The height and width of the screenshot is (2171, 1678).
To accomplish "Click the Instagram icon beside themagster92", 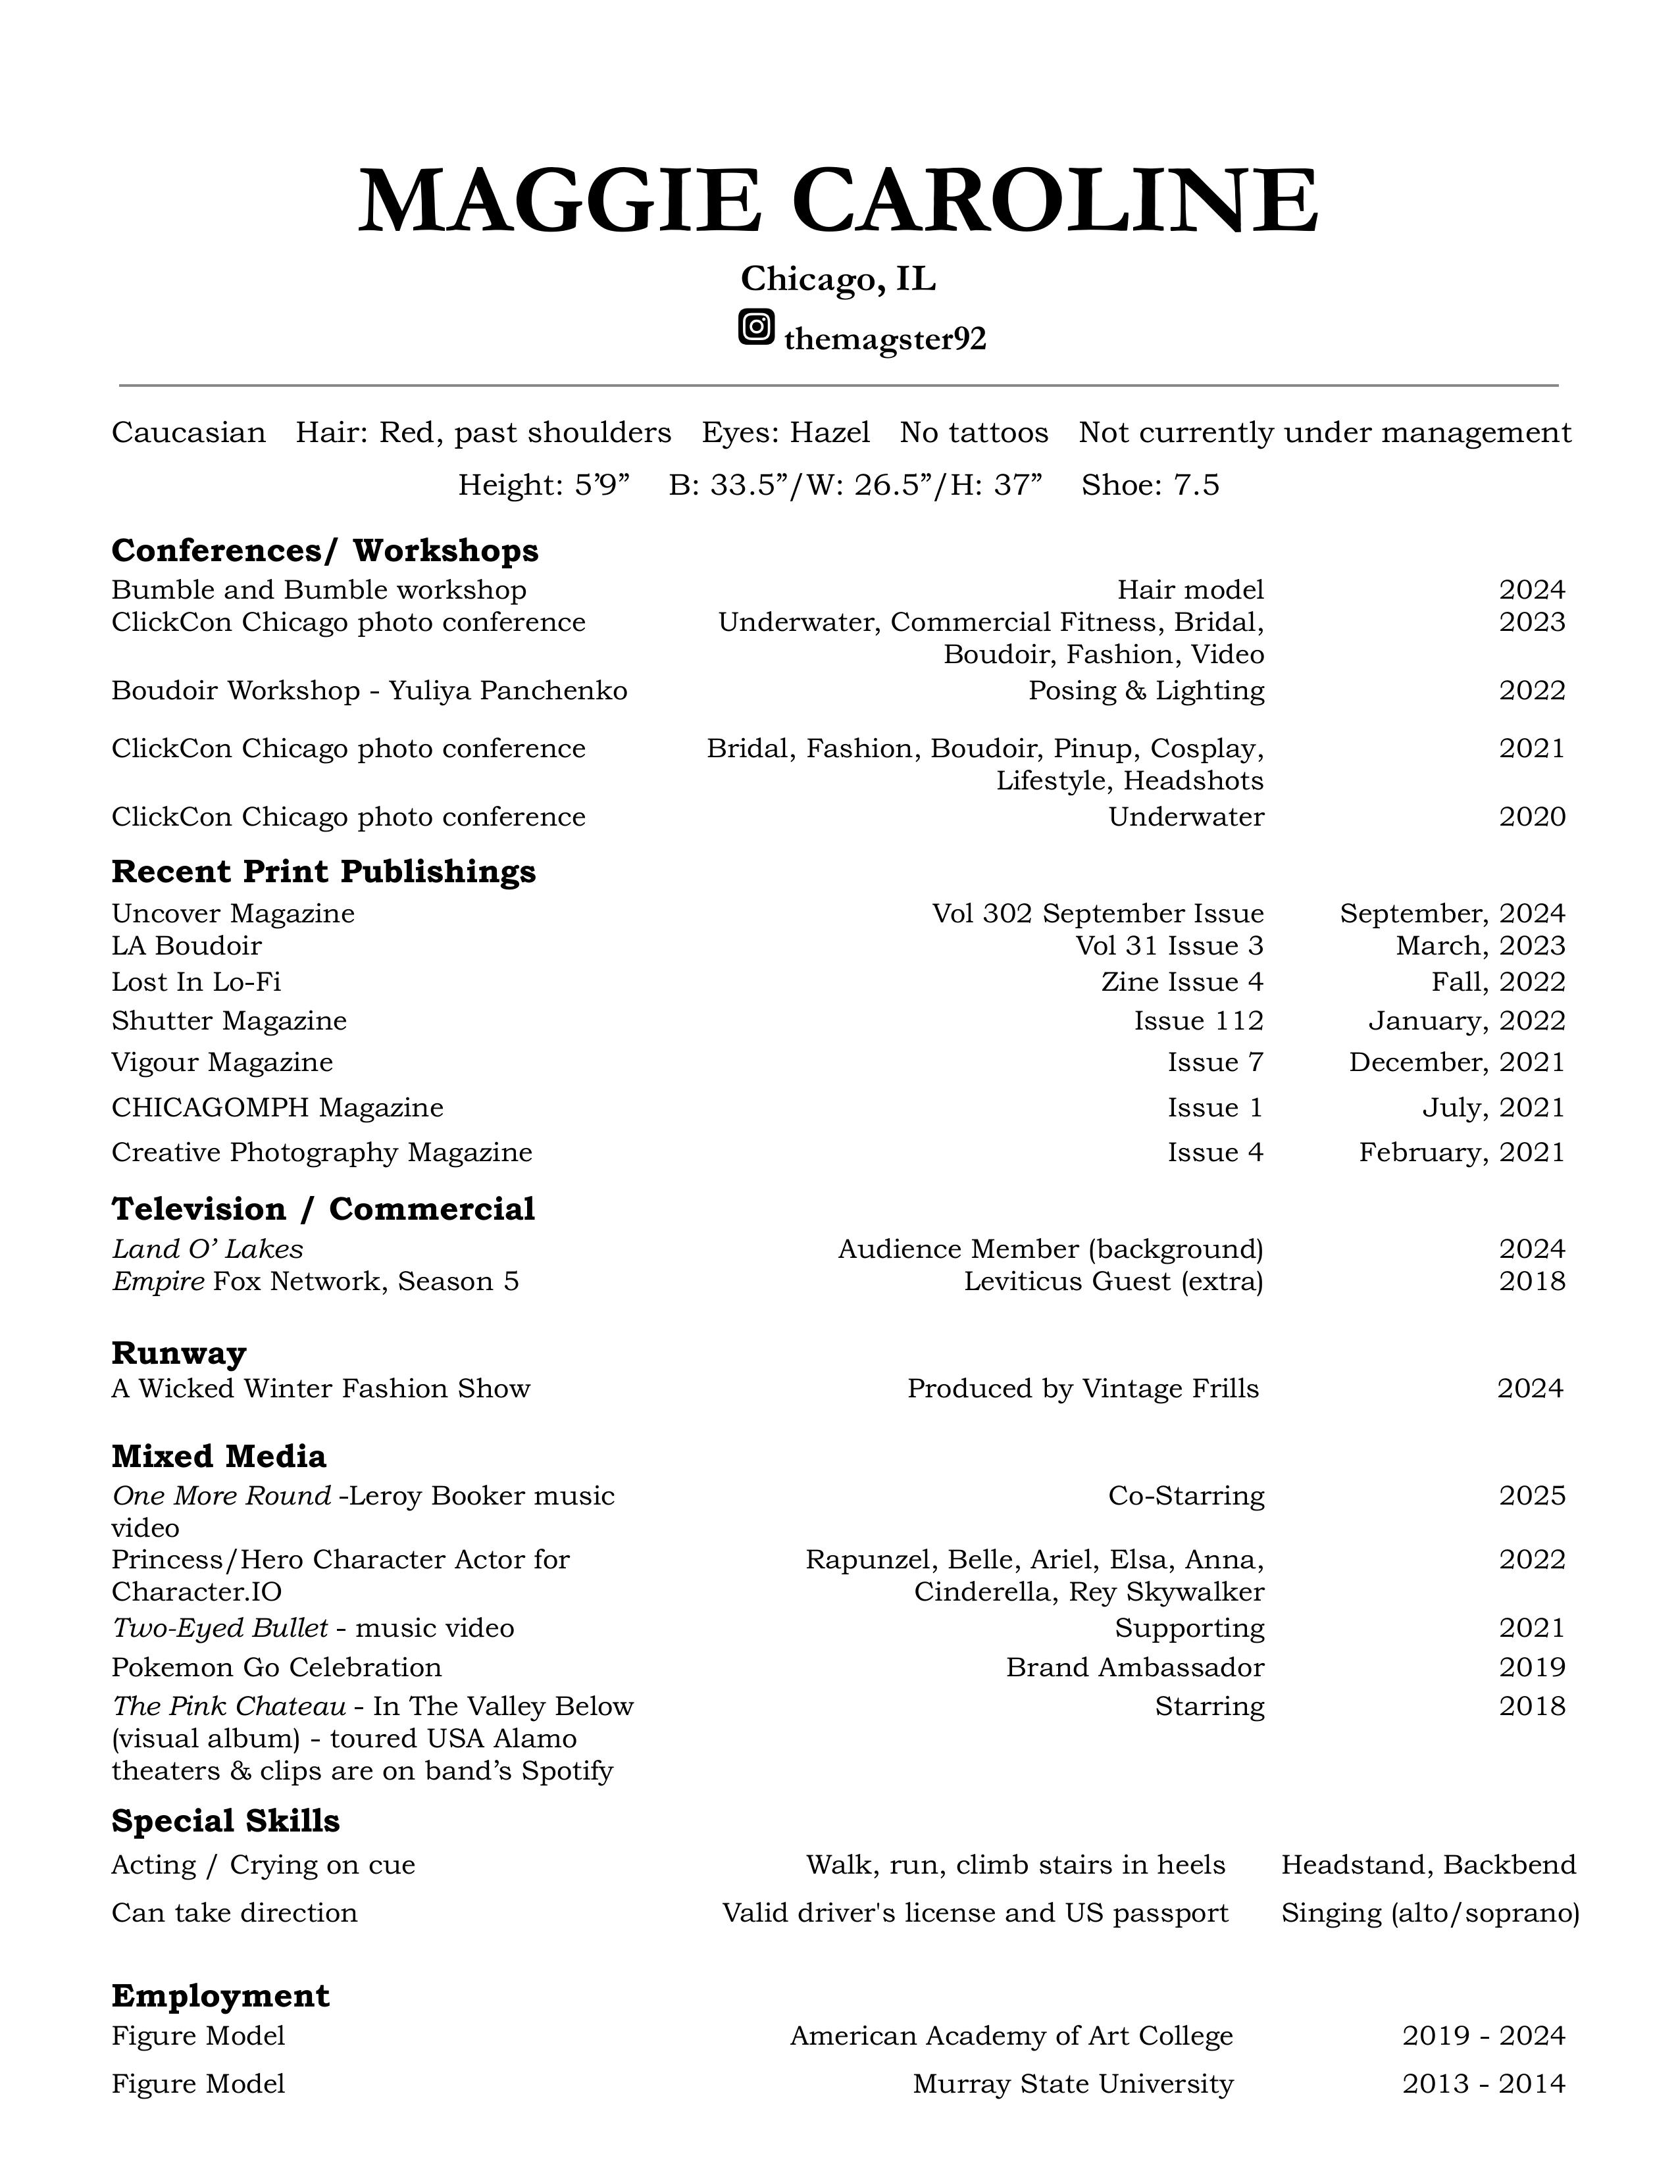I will coord(757,327).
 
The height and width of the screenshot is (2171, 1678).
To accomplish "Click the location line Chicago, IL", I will coord(838,280).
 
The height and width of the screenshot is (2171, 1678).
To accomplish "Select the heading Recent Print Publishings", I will coord(323,872).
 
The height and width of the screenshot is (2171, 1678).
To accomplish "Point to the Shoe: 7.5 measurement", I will coord(1150,485).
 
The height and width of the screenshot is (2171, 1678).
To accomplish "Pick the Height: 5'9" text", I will coord(544,485).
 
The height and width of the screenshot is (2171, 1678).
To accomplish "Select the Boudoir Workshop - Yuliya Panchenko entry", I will coord(369,691).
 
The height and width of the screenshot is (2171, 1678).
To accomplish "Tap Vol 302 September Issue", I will coord(1098,914).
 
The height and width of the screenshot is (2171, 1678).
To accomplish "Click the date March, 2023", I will coord(1480,945).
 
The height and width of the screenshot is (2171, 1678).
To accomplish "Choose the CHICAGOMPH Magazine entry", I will coord(277,1107).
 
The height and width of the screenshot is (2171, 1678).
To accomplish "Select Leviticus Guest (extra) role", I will coord(1113,1282).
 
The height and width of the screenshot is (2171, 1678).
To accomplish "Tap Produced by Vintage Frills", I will coord(1082,1389).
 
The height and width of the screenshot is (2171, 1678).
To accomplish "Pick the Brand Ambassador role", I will coord(1134,1667).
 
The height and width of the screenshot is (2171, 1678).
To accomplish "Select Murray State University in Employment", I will coord(1073,2084).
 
